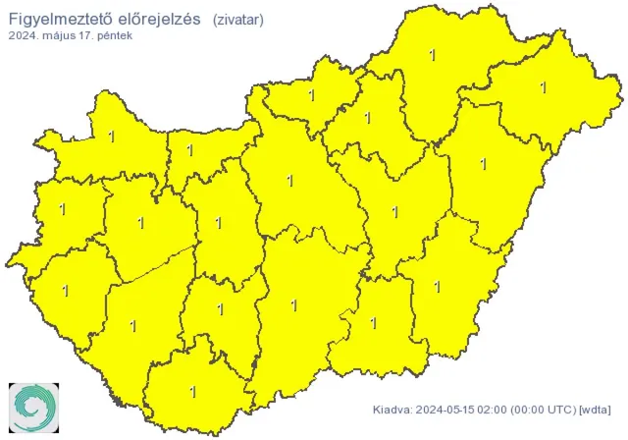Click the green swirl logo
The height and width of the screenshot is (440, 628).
point(34,406)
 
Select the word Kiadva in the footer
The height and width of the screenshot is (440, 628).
point(392,410)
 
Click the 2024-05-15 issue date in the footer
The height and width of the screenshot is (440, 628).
point(446,410)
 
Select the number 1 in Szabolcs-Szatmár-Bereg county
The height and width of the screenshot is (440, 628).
point(543,87)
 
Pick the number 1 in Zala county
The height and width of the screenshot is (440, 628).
point(66,291)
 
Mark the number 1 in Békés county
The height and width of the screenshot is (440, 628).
point(439,286)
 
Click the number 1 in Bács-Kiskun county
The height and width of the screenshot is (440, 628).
point(294,305)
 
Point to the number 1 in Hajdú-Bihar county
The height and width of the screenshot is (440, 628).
point(483,164)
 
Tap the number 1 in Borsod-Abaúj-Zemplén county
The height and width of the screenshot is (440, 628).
point(433,56)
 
